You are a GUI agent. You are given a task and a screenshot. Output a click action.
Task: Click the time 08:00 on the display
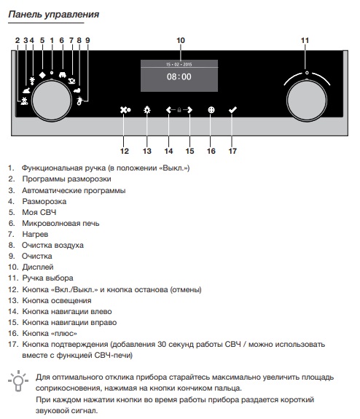179,77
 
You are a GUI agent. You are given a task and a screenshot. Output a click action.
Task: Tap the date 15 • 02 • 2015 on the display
179,64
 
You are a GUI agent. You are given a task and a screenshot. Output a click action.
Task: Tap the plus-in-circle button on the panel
211,110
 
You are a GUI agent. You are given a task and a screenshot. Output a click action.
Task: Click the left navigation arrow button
170,110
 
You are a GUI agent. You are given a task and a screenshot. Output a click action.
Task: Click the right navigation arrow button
189,110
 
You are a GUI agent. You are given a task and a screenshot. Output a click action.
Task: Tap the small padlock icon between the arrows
179,110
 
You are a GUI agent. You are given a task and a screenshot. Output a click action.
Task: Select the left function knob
52,101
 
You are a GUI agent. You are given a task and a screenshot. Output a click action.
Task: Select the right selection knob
307,101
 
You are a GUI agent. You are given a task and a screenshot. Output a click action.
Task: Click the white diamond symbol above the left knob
42,75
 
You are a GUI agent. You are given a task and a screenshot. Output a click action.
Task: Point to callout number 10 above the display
181,40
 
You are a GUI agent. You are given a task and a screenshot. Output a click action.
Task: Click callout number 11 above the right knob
305,40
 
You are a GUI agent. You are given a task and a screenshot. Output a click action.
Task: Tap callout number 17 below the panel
232,151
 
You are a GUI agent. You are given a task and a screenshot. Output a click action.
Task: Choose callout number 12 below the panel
125,151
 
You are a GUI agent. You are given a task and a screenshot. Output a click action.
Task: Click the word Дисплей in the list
38,267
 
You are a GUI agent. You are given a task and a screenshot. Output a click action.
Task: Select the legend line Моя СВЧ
32,212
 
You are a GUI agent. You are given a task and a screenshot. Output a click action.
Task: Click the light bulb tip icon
18,381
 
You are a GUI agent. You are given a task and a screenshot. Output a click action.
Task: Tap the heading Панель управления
53,14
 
